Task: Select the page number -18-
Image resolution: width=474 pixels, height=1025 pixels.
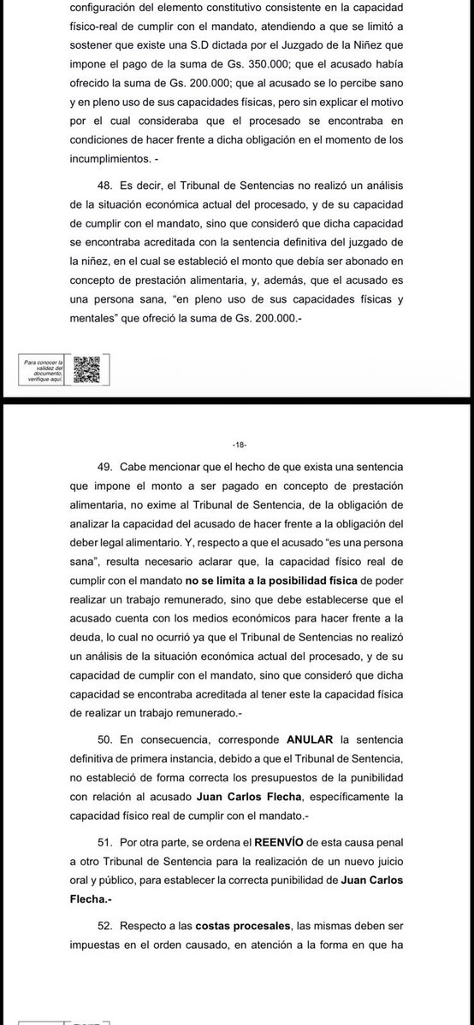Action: [x=238, y=445]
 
